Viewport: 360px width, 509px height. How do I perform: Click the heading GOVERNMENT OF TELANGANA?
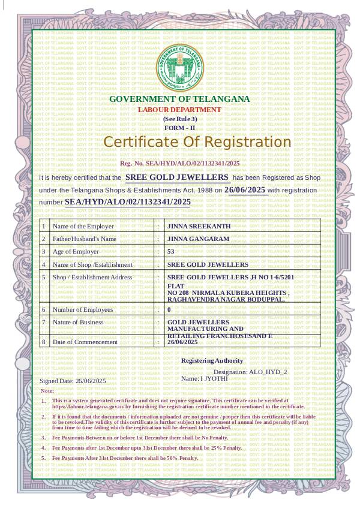(x=179, y=99)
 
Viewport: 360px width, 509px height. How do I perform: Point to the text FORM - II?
(x=180, y=128)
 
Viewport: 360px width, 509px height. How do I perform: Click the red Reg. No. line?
(x=179, y=163)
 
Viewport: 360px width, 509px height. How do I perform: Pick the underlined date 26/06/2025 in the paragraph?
(x=245, y=189)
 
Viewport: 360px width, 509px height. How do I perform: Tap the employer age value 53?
(x=170, y=251)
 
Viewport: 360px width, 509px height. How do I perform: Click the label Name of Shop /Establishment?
(x=92, y=264)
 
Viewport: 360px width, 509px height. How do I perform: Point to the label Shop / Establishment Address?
(x=92, y=278)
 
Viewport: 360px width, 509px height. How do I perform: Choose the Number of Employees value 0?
(x=169, y=309)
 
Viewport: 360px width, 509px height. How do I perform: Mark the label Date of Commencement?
(x=85, y=342)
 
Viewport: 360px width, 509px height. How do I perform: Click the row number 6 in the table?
(x=43, y=309)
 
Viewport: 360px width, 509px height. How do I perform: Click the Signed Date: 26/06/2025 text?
(x=73, y=381)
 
